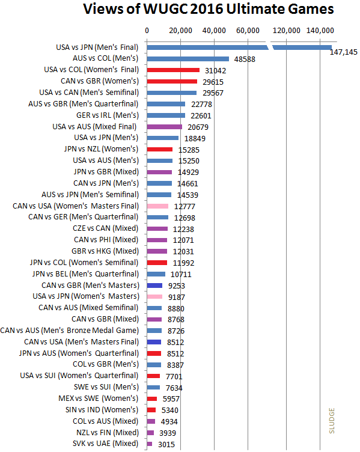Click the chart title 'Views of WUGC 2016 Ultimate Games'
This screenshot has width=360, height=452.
[x=209, y=9]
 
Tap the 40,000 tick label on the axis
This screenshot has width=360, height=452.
[x=214, y=31]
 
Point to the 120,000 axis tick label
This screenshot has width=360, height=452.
[x=286, y=31]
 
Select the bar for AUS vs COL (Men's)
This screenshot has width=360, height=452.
[x=188, y=59]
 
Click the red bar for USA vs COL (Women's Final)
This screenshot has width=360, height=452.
[x=173, y=70]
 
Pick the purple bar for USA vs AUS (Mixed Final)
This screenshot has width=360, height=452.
[x=165, y=127]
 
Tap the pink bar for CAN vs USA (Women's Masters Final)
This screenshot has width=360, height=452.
[x=157, y=206]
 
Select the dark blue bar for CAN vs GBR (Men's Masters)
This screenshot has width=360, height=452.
[x=154, y=286]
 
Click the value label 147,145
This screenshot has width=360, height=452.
[x=344, y=52]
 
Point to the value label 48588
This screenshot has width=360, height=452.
[x=245, y=60]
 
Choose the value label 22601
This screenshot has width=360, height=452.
[x=201, y=116]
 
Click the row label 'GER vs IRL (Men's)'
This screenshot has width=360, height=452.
[x=108, y=115]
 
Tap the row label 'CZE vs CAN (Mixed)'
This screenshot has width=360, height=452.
[x=106, y=228]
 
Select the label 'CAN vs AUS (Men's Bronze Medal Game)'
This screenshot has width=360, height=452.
[x=70, y=331]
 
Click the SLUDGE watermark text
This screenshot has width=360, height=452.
[x=332, y=421]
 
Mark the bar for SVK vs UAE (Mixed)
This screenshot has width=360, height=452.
[x=149, y=444]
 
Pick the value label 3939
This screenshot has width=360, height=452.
[x=168, y=433]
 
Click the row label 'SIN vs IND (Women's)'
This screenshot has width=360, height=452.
[x=102, y=410]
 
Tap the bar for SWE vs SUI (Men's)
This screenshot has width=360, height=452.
[x=153, y=388]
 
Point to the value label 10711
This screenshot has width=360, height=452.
[x=181, y=275]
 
